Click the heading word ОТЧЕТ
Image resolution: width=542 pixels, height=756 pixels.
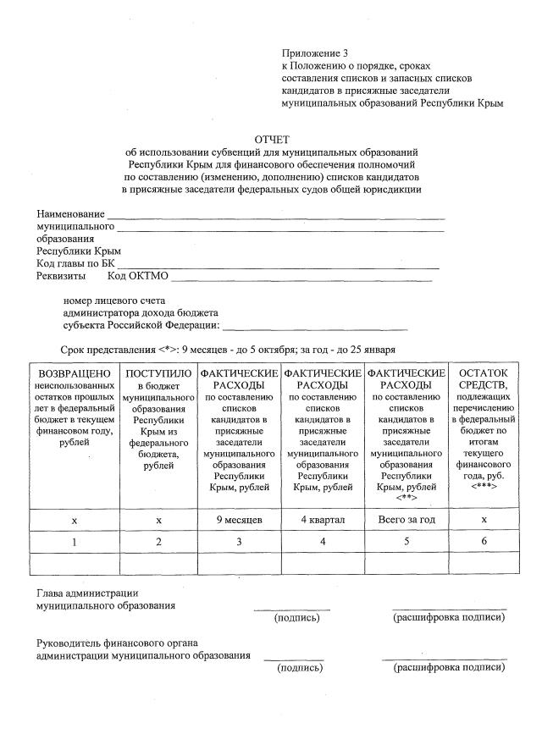pyautogui.click(x=272, y=139)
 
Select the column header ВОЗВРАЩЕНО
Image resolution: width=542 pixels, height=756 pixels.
pyautogui.click(x=74, y=373)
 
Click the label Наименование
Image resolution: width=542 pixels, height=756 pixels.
pyautogui.click(x=70, y=214)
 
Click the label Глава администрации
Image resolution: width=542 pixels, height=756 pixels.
pyautogui.click(x=86, y=593)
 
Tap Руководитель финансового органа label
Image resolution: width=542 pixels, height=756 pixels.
pyautogui.click(x=122, y=643)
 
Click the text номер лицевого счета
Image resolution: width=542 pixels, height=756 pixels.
pyautogui.click(x=114, y=300)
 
